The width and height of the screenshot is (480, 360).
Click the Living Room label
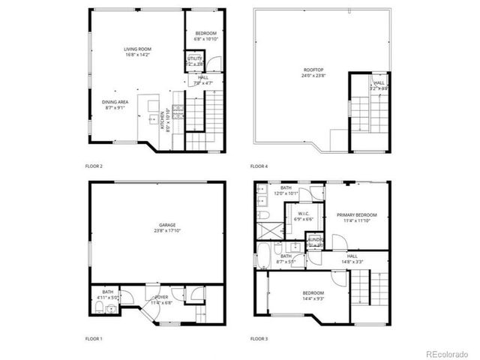point(137,49)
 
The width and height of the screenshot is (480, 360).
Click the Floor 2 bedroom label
point(206,34)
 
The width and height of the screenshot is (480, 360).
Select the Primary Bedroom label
point(356,215)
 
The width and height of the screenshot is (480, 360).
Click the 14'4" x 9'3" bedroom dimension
point(313,298)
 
